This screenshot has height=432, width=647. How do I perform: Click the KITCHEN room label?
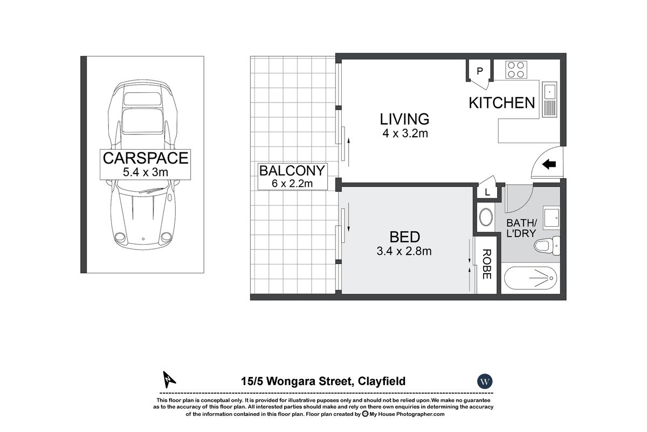[502, 103]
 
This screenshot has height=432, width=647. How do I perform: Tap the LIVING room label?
[404, 119]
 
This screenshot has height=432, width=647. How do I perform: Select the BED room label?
[405, 237]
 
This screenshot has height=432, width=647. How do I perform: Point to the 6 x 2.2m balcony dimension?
[292, 184]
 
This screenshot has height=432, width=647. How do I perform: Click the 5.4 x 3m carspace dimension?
[145, 172]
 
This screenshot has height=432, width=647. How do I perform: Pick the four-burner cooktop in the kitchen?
[516, 70]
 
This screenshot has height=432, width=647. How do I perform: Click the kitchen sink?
[549, 100]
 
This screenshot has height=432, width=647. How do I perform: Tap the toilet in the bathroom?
[547, 246]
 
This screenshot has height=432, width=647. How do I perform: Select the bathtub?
[531, 278]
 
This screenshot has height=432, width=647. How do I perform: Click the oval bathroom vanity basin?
[486, 217]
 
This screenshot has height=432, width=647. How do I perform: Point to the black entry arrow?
[549, 165]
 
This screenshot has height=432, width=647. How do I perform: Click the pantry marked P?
[480, 71]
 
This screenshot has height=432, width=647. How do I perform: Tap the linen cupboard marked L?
[487, 192]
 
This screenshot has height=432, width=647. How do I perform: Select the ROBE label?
[487, 264]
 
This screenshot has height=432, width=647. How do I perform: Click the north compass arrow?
[169, 379]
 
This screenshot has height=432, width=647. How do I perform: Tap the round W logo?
[485, 381]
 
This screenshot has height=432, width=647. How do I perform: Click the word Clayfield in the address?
[382, 381]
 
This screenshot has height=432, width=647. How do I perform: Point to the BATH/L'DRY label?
[521, 228]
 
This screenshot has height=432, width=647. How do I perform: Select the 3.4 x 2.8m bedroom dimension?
[404, 251]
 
